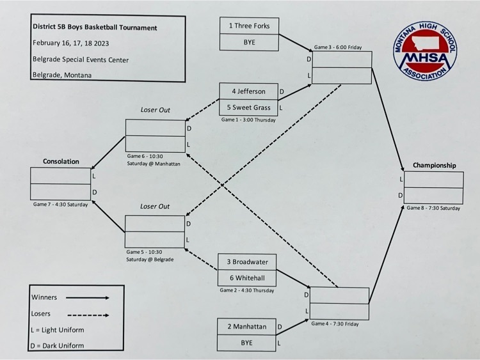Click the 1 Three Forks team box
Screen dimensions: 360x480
[249, 26]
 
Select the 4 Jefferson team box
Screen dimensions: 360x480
[248, 91]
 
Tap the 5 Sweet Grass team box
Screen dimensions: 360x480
[248, 107]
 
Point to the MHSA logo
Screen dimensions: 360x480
[425, 54]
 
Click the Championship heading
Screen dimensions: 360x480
[434, 166]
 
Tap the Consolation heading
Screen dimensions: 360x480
[61, 162]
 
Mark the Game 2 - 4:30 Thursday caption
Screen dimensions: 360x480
[247, 290]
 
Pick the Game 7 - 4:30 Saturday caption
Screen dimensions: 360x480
[60, 205]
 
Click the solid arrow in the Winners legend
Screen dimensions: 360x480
[86, 297]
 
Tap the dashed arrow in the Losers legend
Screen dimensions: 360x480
[86, 315]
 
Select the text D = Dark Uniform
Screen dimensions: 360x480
[58, 346]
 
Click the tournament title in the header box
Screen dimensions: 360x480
[94, 28]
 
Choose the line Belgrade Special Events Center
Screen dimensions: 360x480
[80, 59]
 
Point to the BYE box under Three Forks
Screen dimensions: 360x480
[249, 42]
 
